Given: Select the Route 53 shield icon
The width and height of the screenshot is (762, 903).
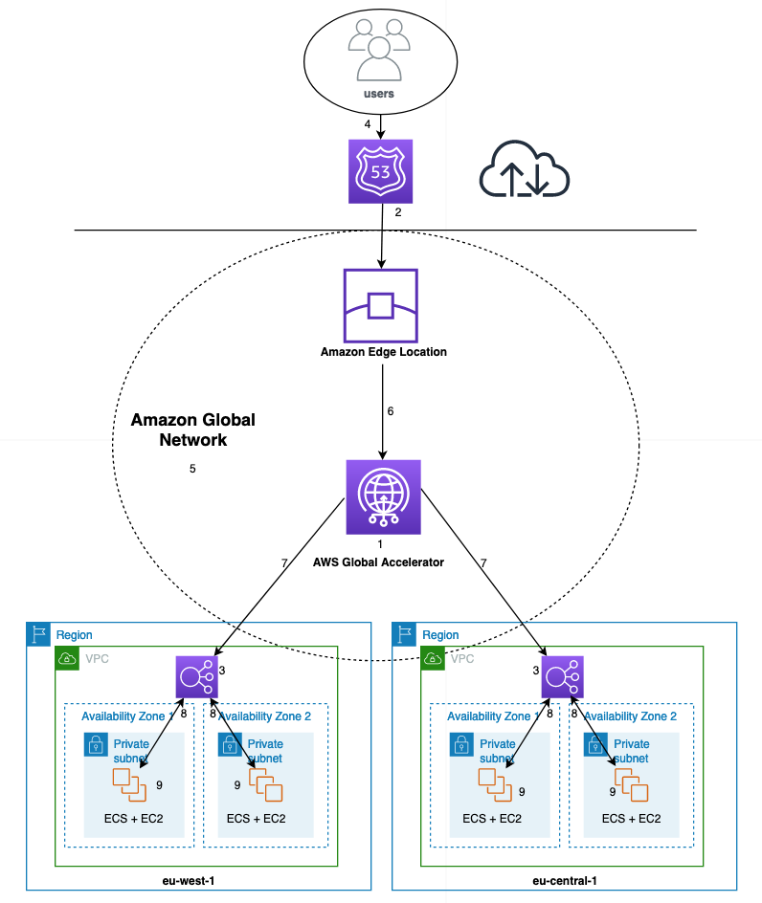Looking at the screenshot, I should point(380,172).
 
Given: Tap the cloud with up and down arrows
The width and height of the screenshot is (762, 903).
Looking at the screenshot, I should point(524,172).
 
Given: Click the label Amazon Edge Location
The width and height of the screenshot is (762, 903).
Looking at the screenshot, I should point(383,352).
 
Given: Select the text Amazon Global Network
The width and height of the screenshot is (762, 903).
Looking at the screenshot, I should point(192,430).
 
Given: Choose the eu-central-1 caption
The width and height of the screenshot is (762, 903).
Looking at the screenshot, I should point(565,880).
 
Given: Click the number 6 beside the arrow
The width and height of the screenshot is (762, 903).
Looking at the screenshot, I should point(390,411).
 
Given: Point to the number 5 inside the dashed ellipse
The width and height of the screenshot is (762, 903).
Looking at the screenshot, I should point(192,469).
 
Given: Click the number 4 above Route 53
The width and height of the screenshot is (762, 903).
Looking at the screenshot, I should point(367,125).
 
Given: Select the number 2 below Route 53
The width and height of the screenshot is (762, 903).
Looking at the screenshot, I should point(397,212).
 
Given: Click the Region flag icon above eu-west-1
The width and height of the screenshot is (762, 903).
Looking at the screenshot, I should point(38,634).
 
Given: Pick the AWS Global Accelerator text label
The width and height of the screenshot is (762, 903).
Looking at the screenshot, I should point(378,562).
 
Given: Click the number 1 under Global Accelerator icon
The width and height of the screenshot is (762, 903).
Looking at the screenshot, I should point(380,543).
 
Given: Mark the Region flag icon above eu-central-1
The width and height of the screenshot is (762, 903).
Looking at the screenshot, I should point(405,634).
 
